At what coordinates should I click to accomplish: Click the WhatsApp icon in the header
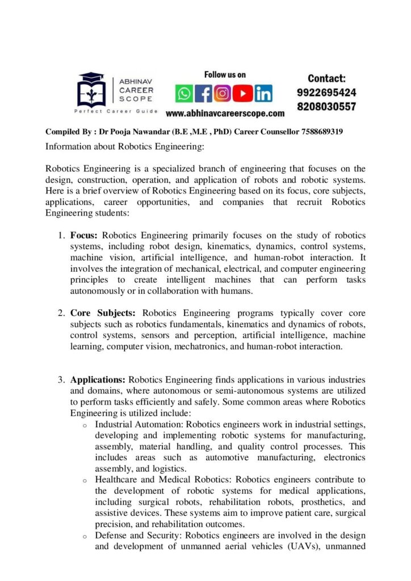[x=183, y=93]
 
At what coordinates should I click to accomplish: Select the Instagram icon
[x=223, y=93]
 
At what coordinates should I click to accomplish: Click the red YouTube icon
[x=243, y=93]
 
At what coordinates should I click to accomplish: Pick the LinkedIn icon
[x=263, y=93]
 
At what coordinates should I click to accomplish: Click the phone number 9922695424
[x=326, y=92]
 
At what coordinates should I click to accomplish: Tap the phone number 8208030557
[x=326, y=106]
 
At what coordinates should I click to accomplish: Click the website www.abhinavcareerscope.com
[x=225, y=113]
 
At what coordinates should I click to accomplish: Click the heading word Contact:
[x=326, y=78]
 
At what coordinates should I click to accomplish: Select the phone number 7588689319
[x=317, y=132]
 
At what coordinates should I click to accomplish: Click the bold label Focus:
[x=85, y=235]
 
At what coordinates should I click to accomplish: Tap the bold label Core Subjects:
[x=104, y=313]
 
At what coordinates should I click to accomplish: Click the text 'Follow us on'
[x=225, y=74]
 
